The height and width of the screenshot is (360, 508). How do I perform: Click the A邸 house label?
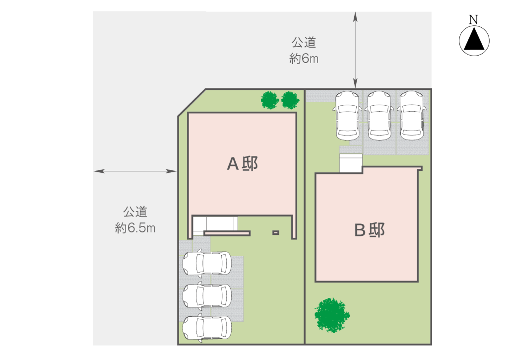coord(243,164)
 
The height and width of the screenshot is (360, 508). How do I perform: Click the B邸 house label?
coord(370,229)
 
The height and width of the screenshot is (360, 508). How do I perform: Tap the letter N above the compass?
coord(474,20)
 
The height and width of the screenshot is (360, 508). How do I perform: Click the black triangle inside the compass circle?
coord(474,40)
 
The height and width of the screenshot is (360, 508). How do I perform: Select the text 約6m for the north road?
coord(304,59)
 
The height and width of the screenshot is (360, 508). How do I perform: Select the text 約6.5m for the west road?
coord(135,228)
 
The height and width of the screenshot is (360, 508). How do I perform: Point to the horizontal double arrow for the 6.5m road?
coord(135,171)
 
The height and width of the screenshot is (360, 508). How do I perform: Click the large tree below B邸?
coord(331,314)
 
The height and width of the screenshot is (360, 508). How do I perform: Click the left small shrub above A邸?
coord(270,100)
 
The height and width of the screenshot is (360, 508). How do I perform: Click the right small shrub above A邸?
coord(290,100)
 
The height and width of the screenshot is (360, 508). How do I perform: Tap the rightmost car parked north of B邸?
coord(411,115)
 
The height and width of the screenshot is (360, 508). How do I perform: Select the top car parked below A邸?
coord(207,263)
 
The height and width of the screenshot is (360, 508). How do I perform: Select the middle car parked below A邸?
coord(207,295)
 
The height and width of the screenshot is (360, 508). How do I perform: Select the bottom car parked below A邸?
coord(207,327)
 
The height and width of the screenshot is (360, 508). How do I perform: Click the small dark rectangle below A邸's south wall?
coord(276,232)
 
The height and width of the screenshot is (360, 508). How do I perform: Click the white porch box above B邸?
coord(351,163)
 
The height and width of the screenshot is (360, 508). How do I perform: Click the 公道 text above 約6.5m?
coord(135,212)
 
